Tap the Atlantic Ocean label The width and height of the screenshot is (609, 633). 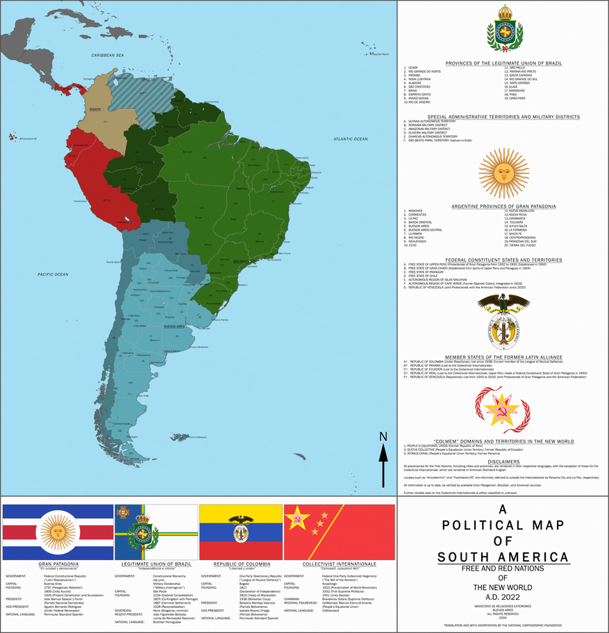(350, 139)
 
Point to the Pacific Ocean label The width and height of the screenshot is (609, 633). (53, 274)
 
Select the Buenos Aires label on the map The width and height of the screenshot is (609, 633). (174, 326)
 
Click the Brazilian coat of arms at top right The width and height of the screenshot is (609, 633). (503, 28)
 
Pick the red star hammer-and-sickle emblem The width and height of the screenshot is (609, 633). (503, 411)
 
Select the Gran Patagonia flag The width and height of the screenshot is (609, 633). (58, 532)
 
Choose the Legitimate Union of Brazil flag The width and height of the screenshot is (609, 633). (156, 532)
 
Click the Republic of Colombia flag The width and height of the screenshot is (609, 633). (240, 532)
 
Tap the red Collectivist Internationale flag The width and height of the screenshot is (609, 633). (340, 532)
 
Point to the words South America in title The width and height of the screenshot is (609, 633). (503, 557)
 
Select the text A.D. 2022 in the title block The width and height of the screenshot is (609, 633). (503, 595)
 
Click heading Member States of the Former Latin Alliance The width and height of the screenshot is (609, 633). (503, 357)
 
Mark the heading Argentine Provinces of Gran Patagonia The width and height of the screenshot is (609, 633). (503, 206)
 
